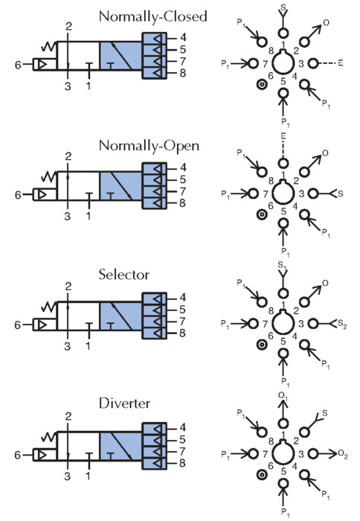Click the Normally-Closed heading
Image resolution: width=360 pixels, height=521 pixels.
(x=153, y=16)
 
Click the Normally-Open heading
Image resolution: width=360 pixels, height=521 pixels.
(x=149, y=146)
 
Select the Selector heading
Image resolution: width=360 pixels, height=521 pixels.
(x=124, y=275)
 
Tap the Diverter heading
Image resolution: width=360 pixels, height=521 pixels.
(x=124, y=403)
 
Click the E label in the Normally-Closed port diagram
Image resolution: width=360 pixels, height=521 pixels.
(x=341, y=63)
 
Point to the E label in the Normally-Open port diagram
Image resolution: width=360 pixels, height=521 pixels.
(x=283, y=135)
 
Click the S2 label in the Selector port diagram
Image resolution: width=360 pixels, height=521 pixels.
(x=342, y=324)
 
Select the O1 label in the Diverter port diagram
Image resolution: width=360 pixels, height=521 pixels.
(x=283, y=396)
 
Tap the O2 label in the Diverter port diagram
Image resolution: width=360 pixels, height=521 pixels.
(x=343, y=454)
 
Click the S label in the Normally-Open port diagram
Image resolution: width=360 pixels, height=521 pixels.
(x=341, y=194)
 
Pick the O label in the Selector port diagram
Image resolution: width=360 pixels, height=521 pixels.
(x=326, y=283)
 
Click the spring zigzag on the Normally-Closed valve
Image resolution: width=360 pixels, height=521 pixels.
(x=49, y=47)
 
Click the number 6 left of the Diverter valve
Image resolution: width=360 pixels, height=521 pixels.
(x=18, y=455)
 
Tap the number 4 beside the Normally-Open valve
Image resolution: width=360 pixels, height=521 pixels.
(x=183, y=167)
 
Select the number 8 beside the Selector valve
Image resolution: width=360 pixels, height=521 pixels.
(x=183, y=333)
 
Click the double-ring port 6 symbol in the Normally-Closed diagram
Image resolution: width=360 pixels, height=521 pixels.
(x=262, y=85)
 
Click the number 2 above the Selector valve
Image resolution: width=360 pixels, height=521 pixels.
(x=68, y=286)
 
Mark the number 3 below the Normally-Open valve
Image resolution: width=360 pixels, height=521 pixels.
(x=68, y=217)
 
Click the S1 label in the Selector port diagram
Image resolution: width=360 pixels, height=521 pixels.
(x=283, y=266)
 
